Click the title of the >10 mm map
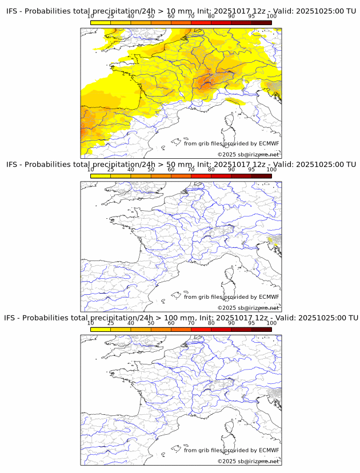point(181,11)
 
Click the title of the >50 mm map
point(181,165)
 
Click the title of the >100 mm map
point(181,318)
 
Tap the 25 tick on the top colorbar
point(111,16)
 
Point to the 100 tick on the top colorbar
point(271,16)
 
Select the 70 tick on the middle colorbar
point(191,170)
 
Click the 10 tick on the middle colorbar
point(91,170)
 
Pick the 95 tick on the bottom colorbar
point(251,323)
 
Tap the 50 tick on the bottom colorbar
point(151,323)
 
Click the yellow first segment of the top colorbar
point(101,22)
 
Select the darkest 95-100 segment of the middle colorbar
point(261,176)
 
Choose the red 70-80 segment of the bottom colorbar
point(201,329)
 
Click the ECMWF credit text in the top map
point(231,143)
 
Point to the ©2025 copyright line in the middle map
point(248,308)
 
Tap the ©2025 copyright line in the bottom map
point(248,461)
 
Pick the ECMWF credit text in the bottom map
point(231,450)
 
